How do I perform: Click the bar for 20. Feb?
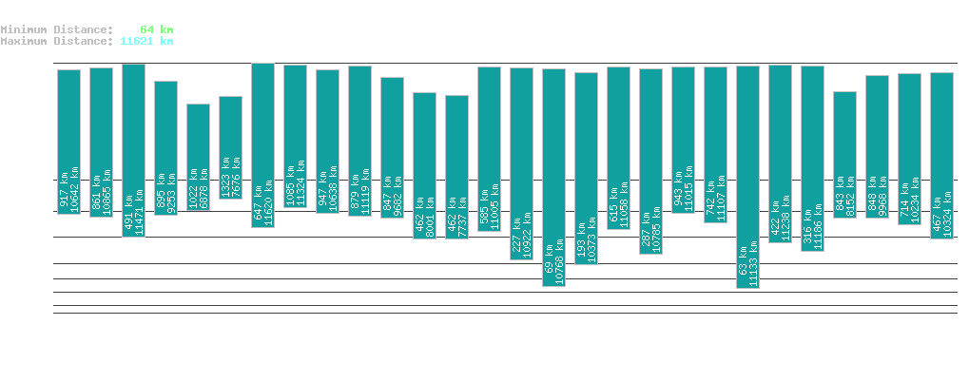tap(553, 177)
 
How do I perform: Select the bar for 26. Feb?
tap(747, 177)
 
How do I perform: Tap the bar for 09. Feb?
tap(198, 157)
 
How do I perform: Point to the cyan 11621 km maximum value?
tap(146, 41)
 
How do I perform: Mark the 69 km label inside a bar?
tap(549, 272)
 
